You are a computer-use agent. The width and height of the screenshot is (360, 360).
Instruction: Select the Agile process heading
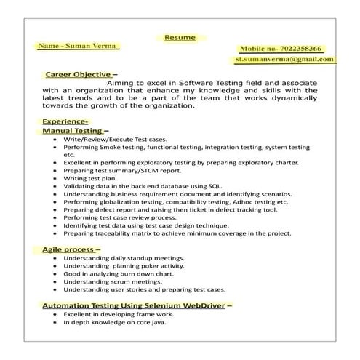[x=71, y=249]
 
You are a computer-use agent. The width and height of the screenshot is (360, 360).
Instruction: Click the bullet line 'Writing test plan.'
[x=90, y=178]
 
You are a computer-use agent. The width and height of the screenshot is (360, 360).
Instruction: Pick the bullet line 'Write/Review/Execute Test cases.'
[x=115, y=139]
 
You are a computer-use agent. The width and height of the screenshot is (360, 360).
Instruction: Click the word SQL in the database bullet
[x=215, y=186]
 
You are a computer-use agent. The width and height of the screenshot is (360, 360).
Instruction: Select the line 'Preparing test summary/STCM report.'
[x=122, y=170]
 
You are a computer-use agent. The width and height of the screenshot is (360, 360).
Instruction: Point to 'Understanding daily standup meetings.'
[x=124, y=258]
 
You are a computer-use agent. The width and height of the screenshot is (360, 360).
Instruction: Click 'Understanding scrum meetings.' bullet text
[x=111, y=281]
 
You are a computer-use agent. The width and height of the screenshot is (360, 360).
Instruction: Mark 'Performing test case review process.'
[x=119, y=217]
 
